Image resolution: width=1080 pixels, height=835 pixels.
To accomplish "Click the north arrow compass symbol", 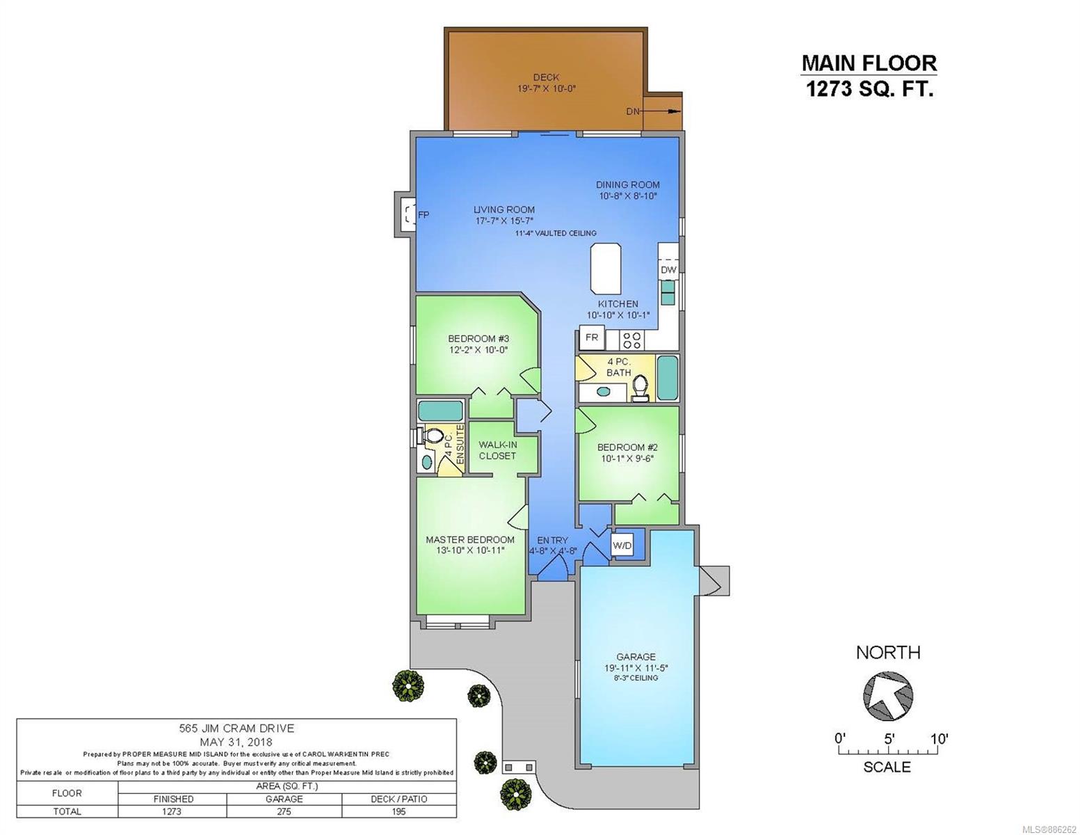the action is click(x=888, y=695).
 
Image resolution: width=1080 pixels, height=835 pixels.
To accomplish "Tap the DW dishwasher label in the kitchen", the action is click(x=668, y=270).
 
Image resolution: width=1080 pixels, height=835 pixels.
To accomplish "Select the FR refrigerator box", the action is click(x=591, y=337).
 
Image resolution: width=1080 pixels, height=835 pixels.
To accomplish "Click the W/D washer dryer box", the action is click(x=622, y=546).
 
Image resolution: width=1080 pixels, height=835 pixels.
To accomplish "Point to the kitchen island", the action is click(x=605, y=269).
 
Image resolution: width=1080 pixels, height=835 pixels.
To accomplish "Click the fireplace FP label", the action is click(x=424, y=215).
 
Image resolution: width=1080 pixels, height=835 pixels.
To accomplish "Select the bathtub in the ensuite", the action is click(x=440, y=411).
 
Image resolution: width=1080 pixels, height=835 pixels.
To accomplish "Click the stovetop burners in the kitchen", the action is click(x=631, y=340).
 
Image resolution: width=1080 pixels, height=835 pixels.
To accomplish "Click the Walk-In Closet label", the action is click(x=497, y=450).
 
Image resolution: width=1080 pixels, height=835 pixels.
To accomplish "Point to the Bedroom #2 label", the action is click(x=627, y=447).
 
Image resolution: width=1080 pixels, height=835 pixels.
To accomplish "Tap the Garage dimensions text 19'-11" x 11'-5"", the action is click(x=636, y=668).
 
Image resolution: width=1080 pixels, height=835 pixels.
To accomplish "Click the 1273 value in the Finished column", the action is click(x=172, y=811).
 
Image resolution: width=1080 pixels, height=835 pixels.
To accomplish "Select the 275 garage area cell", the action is click(x=284, y=811).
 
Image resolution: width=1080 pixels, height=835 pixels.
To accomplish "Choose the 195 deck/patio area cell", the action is click(x=398, y=811).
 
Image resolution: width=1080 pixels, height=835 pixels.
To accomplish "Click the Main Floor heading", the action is click(x=869, y=63).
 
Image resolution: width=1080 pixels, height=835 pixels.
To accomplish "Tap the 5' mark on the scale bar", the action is click(x=889, y=739).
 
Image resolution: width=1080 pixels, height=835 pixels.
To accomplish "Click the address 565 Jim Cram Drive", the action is click(x=236, y=729).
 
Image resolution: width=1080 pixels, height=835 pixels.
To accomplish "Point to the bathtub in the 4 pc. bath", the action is click(x=668, y=378).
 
